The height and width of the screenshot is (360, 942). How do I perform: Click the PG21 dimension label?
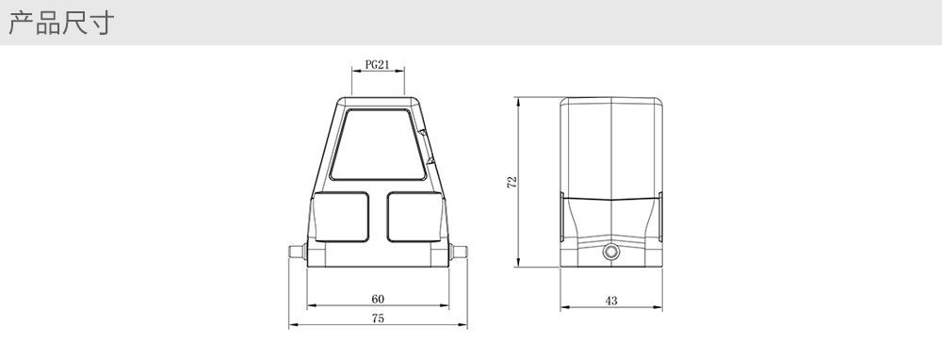pyautogui.click(x=378, y=64)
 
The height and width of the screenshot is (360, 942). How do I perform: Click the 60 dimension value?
pyautogui.click(x=378, y=299)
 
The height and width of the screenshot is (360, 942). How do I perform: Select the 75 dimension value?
pyautogui.click(x=378, y=319)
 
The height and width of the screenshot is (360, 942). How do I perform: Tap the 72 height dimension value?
pyautogui.click(x=512, y=182)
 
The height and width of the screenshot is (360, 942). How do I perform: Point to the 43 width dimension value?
pyautogui.click(x=611, y=301)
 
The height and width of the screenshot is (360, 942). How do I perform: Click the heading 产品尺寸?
pyautogui.click(x=60, y=23)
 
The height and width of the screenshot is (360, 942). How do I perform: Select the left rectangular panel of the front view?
pyautogui.click(x=341, y=217)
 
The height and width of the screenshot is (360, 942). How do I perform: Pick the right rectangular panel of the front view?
pyautogui.click(x=414, y=217)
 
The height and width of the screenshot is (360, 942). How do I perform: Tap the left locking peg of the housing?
pyautogui.click(x=298, y=252)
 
